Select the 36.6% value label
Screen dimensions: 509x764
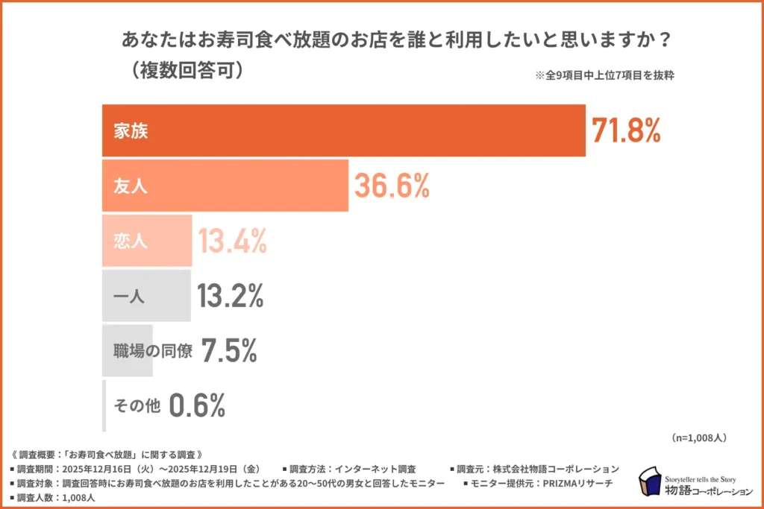(392, 186)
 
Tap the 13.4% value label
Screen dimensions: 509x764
(232, 241)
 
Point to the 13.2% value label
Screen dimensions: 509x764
(231, 296)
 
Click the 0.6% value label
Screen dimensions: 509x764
(197, 405)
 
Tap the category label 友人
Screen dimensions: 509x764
(131, 186)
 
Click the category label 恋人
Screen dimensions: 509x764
(131, 241)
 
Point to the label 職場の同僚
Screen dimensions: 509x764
(153, 351)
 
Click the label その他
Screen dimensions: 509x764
(137, 406)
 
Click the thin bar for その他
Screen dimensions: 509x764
(104, 406)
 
